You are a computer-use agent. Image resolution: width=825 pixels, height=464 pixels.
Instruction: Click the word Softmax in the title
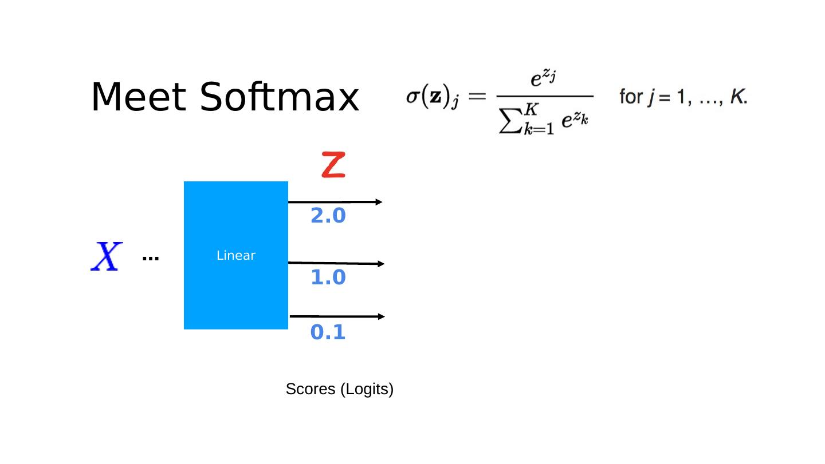(279, 97)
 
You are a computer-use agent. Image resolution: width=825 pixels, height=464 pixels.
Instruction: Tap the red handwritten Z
(333, 164)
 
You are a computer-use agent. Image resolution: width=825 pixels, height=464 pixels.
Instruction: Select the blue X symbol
(107, 256)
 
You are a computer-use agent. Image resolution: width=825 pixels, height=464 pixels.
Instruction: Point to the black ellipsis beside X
(150, 259)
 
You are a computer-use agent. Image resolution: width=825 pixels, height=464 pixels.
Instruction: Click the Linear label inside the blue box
(235, 256)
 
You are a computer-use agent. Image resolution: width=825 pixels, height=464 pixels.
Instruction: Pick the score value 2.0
(328, 216)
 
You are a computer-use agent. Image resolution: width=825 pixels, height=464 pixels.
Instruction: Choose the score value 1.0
(328, 278)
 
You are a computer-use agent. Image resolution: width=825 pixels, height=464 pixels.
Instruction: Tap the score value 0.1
(328, 332)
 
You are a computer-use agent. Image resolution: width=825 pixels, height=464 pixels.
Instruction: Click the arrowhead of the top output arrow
(378, 202)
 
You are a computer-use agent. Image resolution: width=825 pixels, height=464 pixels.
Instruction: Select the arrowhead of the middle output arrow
(380, 264)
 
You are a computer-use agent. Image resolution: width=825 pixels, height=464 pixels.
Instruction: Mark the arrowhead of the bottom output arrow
(380, 316)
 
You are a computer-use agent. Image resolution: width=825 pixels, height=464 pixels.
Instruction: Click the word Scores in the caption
(311, 389)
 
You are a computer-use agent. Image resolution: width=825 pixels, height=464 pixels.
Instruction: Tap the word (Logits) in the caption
(367, 390)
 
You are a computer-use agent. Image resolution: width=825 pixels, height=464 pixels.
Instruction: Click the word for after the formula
(631, 97)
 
